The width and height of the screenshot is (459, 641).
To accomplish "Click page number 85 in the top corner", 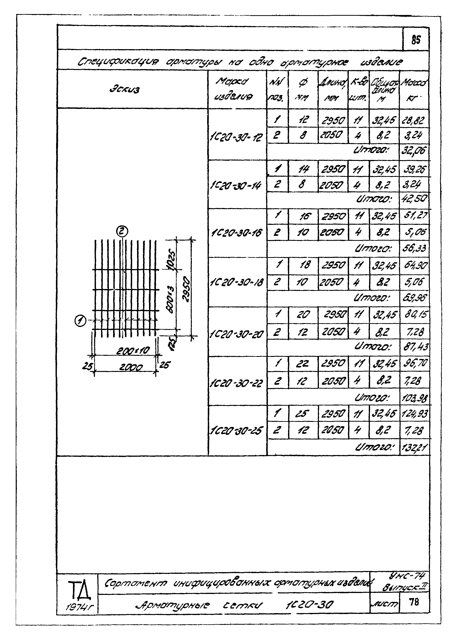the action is pos(416,40).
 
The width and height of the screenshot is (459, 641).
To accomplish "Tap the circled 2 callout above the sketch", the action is pos(122,232).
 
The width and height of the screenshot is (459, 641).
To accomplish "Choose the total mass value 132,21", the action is pos(414,448).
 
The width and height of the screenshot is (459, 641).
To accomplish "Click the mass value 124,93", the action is pos(414,414).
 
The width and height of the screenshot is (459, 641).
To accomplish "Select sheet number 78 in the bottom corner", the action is pos(414,602).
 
